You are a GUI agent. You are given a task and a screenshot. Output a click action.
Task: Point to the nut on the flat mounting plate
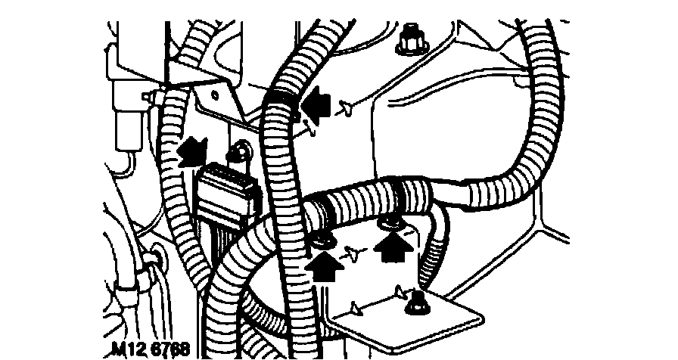tap(415, 306)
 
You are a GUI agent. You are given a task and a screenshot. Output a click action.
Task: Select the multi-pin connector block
tap(227, 189)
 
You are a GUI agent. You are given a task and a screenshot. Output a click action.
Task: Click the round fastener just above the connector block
tap(241, 151)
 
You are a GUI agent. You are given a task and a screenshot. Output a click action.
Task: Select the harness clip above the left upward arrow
tap(320, 241)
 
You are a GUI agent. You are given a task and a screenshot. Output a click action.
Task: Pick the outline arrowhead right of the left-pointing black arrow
tap(345, 108)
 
